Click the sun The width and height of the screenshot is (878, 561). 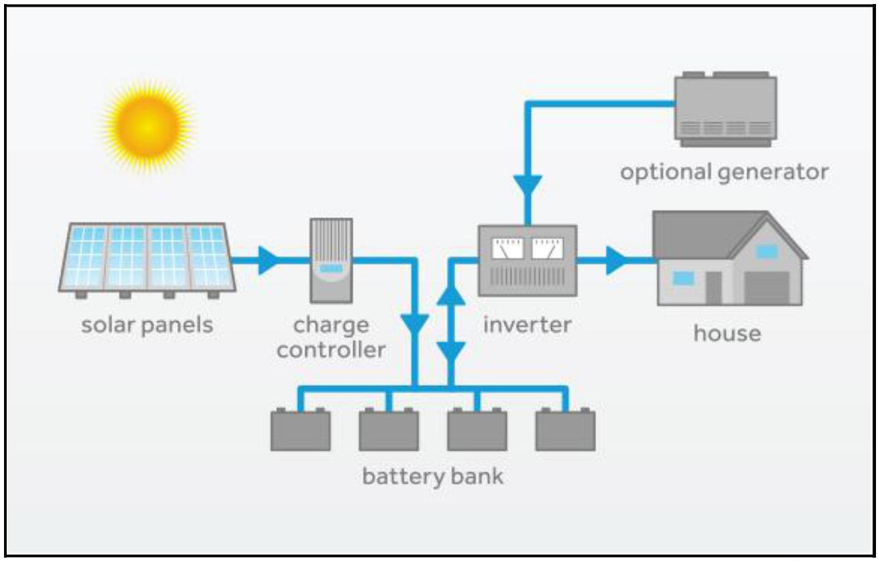148,126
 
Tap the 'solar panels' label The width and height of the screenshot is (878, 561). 147,325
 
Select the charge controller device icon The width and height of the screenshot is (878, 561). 331,260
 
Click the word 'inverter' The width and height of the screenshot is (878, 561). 527,325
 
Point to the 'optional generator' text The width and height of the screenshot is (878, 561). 724,172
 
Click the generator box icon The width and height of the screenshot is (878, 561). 726,109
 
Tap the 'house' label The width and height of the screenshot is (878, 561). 727,334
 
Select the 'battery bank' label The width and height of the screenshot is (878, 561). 433,476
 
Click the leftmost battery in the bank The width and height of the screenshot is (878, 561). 301,429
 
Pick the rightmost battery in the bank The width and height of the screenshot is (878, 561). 565,429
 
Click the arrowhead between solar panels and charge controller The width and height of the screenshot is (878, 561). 268,260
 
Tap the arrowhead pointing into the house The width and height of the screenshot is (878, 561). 616,260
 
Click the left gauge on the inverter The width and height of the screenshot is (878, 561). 507,248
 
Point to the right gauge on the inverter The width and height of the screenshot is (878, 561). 547,248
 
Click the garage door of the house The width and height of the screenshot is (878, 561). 767,288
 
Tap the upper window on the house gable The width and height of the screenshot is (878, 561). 767,252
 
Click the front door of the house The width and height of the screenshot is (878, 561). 714,288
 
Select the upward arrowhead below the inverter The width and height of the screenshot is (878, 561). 451,295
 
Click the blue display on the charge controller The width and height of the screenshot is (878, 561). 331,268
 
